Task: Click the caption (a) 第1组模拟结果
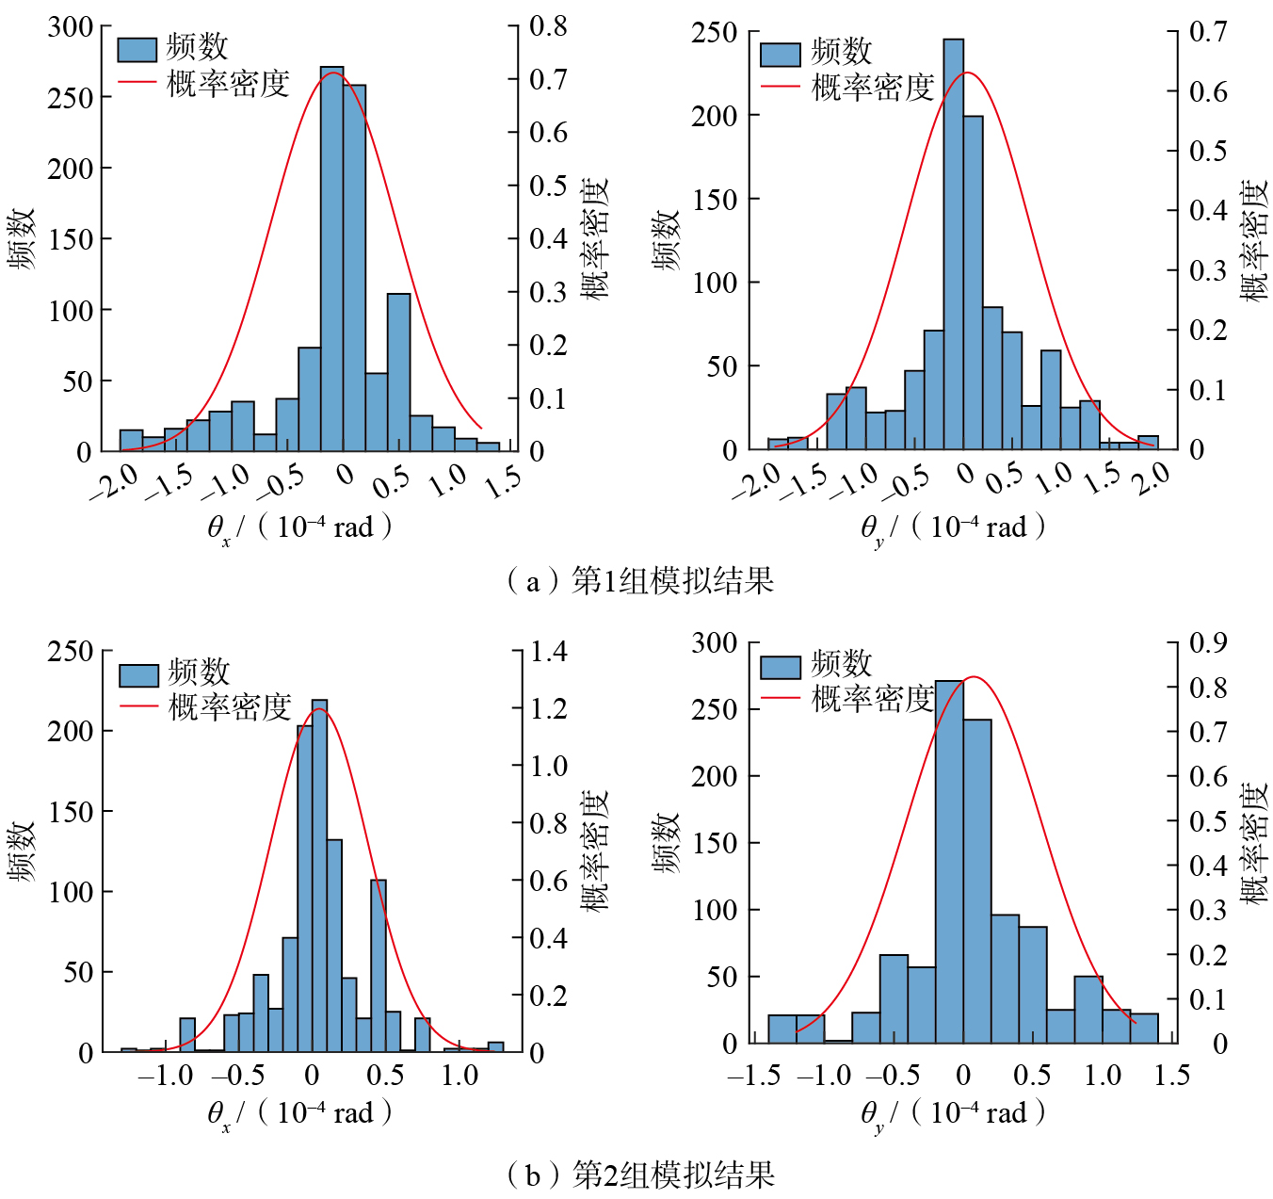[x=639, y=580]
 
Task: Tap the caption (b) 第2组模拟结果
[x=639, y=1175]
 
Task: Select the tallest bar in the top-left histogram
[x=331, y=259]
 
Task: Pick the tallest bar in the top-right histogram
[x=953, y=245]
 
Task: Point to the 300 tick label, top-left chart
[x=71, y=26]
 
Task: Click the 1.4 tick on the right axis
[x=549, y=651]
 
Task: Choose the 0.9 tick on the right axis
[x=1208, y=642]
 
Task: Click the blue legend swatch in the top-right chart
[x=780, y=54]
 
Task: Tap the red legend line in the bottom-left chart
[x=138, y=706]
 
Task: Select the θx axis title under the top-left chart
[x=299, y=527]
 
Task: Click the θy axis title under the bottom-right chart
[x=953, y=1114]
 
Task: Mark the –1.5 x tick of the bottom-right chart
[x=754, y=1075]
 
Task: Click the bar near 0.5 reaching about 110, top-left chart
[x=399, y=372]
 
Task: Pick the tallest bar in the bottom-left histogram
[x=319, y=876]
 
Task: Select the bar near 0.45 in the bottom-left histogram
[x=379, y=965]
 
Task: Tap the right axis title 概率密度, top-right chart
[x=1253, y=240]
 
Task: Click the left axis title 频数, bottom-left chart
[x=22, y=851]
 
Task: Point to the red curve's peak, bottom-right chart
[x=974, y=677]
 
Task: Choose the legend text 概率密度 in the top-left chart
[x=229, y=84]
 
